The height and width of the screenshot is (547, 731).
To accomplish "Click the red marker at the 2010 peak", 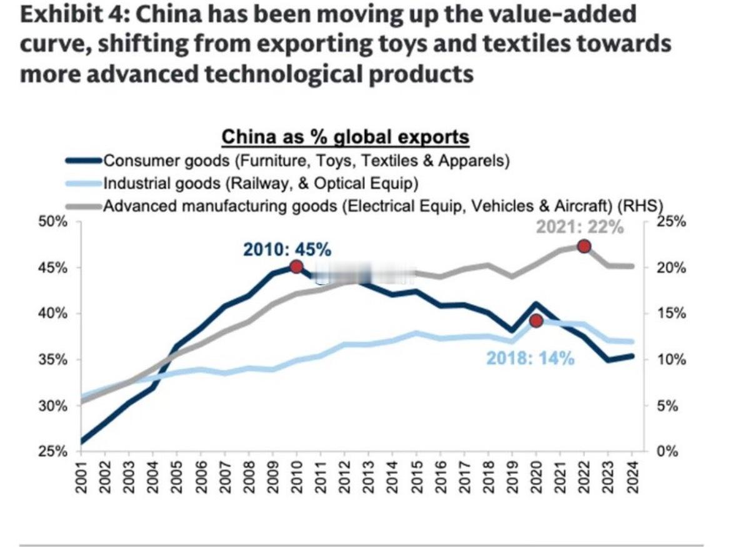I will [296, 267].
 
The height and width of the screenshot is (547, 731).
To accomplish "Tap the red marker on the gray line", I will [584, 246].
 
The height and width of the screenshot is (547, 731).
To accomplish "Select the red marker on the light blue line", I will [535, 321].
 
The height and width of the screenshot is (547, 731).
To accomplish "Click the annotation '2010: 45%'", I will [287, 250].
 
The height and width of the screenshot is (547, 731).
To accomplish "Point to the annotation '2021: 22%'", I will [579, 227].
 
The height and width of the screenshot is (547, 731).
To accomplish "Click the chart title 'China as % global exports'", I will [346, 136].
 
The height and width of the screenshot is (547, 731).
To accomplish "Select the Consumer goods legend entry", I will [306, 160].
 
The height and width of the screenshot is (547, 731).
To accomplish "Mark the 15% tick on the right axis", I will [672, 313].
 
